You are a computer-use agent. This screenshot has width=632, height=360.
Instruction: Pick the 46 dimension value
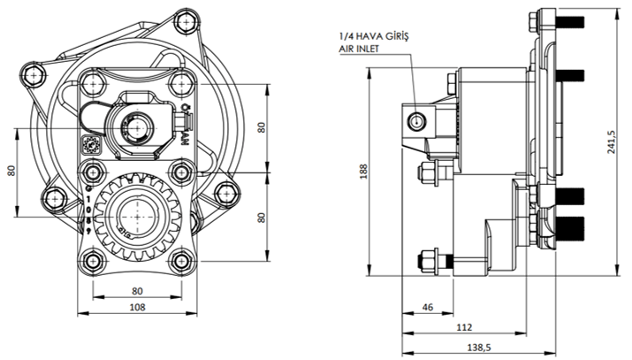click(428, 308)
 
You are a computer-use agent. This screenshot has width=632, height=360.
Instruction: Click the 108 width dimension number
click(137, 308)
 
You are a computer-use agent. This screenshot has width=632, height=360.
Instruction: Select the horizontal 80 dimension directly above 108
click(137, 289)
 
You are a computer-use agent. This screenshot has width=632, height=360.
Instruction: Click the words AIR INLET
click(357, 50)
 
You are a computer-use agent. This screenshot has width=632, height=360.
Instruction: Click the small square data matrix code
click(89, 145)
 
